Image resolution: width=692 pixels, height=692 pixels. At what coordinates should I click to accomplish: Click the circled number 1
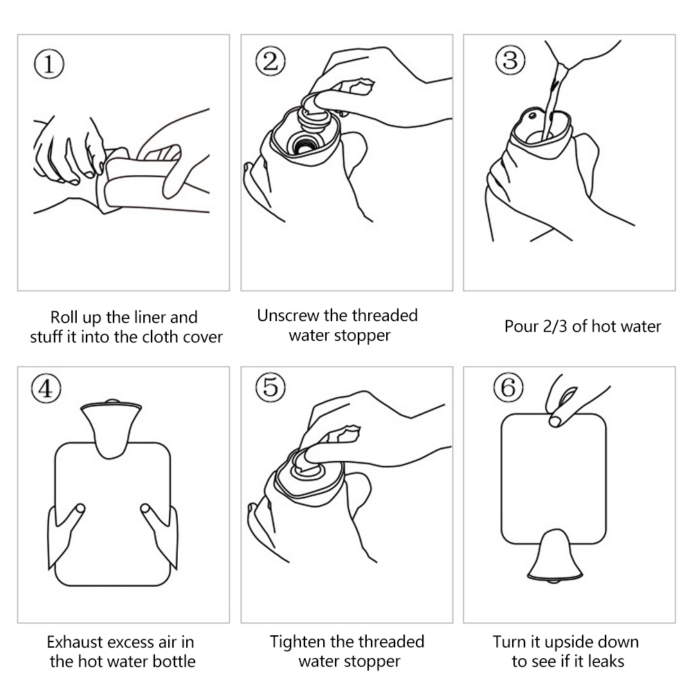49,64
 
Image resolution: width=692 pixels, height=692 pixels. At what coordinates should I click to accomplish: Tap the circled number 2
271,61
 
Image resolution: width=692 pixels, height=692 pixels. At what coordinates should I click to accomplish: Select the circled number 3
510,60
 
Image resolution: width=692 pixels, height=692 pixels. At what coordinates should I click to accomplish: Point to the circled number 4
46,388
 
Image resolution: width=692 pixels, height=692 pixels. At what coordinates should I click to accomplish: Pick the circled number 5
271,387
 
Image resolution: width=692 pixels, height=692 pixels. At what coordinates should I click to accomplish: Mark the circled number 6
509,387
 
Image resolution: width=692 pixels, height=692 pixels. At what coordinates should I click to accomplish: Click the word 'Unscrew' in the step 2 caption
288,316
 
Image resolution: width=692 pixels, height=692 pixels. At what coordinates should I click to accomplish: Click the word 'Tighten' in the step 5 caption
298,641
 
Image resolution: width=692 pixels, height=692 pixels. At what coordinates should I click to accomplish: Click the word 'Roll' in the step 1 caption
64,318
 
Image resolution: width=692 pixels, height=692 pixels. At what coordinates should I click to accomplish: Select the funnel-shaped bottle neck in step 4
111,428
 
